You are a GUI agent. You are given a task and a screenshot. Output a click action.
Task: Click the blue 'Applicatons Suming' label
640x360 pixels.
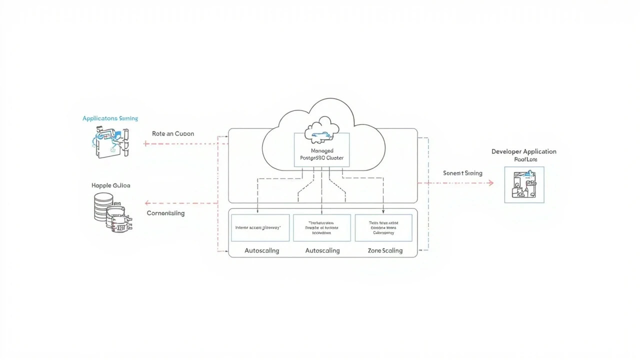point(110,118)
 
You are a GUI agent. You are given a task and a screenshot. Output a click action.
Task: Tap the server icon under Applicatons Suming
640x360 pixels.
point(110,142)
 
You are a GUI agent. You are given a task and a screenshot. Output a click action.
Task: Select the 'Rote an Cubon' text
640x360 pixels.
point(173,134)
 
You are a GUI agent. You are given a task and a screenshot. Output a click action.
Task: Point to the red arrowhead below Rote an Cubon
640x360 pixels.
point(146,144)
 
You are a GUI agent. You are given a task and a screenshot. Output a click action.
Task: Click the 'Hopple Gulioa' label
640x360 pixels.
point(111,185)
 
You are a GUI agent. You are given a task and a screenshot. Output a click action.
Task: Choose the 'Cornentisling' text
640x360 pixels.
point(165,213)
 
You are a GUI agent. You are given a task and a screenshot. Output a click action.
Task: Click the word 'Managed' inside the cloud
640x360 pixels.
point(321,150)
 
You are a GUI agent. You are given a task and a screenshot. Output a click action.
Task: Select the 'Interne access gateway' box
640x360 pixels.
point(260,227)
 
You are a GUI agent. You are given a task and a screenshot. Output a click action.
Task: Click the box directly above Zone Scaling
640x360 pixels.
point(383,227)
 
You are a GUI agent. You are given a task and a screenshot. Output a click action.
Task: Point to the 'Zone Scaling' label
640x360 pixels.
point(385,250)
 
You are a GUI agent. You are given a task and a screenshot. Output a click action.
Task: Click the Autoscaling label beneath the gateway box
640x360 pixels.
point(261,250)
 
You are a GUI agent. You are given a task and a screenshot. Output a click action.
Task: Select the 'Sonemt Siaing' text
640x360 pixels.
point(462,173)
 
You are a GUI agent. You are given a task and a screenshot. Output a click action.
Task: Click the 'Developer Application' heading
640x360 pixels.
point(523,151)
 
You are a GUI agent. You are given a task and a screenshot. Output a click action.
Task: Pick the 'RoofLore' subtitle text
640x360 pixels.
point(525,160)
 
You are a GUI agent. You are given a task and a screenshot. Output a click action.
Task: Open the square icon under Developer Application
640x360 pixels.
point(524,185)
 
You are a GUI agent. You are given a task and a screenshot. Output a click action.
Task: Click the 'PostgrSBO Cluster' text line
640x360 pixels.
point(321,158)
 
